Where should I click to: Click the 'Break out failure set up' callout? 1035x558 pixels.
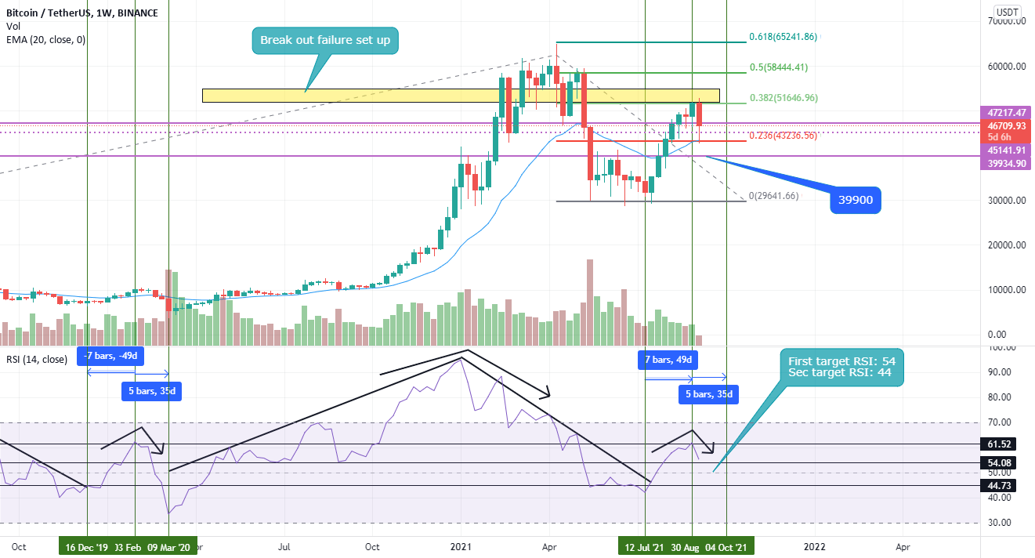click(325, 40)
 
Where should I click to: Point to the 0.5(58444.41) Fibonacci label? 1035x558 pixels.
click(783, 67)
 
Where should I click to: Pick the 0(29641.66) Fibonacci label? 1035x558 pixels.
click(773, 196)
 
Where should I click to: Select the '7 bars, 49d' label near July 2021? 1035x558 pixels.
click(668, 360)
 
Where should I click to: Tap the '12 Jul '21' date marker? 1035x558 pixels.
click(645, 547)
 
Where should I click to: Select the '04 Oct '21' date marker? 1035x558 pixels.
click(728, 547)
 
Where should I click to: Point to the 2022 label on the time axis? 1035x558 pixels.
click(815, 547)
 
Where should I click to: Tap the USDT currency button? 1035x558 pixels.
click(1006, 12)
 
